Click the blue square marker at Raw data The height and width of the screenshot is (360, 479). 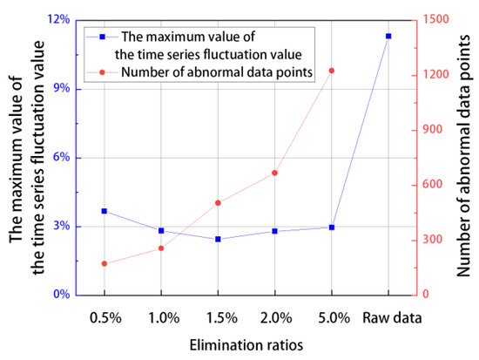[x=388, y=36]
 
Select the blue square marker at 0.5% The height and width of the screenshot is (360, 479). [x=105, y=211]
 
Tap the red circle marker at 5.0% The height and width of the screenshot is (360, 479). [x=331, y=71]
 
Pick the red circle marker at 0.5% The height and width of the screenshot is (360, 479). [x=105, y=263]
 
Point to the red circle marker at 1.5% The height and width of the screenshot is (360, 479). [x=218, y=203]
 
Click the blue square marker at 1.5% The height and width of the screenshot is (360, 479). [x=218, y=239]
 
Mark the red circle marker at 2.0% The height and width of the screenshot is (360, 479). [x=274, y=173]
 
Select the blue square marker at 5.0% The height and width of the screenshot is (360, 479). [x=331, y=227]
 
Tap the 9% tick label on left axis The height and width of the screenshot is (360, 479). [x=61, y=89]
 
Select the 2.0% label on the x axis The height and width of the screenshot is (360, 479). [x=274, y=316]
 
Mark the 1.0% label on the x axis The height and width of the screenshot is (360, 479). [x=161, y=316]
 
